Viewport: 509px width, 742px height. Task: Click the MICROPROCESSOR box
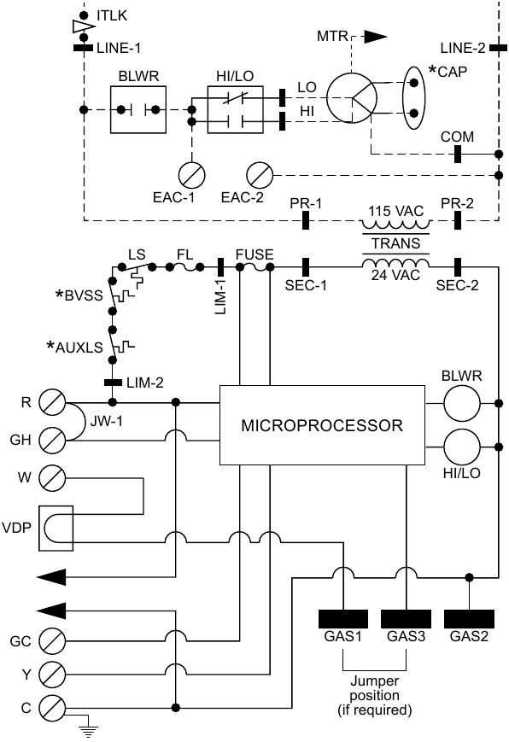pyautogui.click(x=322, y=425)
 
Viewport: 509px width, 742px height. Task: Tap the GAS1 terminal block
pyautogui.click(x=342, y=617)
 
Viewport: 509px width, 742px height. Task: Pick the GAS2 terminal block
pyautogui.click(x=468, y=617)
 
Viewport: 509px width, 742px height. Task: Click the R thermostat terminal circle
pyautogui.click(x=54, y=401)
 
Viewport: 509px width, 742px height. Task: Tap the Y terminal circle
pyautogui.click(x=54, y=674)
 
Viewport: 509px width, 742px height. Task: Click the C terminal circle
pyautogui.click(x=54, y=707)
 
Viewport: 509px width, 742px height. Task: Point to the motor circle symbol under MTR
pyautogui.click(x=351, y=96)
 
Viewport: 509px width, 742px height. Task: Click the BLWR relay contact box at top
pyautogui.click(x=137, y=110)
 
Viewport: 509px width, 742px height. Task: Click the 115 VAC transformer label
pyautogui.click(x=395, y=209)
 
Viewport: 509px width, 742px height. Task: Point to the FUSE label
pyautogui.click(x=253, y=254)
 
